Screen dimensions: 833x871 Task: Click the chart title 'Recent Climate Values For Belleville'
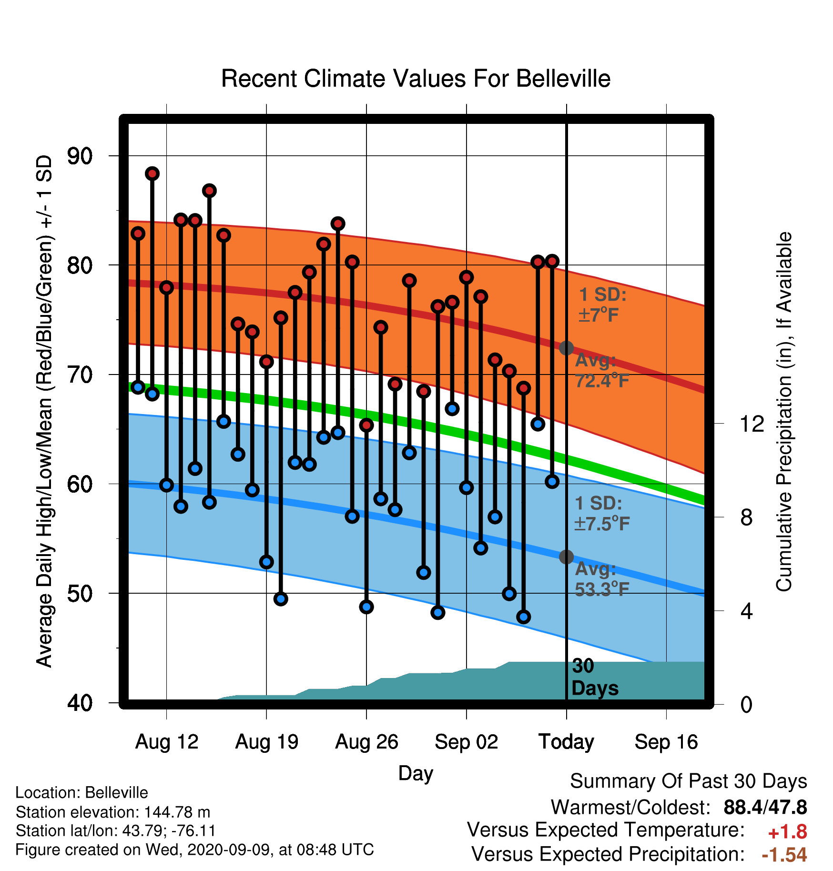[416, 79]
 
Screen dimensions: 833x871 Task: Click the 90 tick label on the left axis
[80, 156]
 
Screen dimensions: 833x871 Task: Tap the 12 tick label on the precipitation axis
[752, 424]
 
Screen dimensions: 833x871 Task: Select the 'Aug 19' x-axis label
[266, 742]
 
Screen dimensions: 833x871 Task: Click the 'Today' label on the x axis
[566, 742]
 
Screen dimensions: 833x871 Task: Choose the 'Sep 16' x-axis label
[666, 742]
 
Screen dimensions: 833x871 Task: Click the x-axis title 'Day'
[416, 773]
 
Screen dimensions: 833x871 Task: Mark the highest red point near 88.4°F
[152, 173]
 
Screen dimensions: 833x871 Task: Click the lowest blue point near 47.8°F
[523, 617]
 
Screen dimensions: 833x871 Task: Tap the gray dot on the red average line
[566, 348]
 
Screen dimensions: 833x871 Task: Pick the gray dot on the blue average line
[566, 557]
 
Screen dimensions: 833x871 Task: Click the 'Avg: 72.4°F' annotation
[602, 371]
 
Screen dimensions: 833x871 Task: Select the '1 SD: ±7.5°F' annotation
[602, 514]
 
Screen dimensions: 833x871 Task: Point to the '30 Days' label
[595, 677]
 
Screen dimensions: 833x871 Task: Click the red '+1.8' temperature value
[787, 832]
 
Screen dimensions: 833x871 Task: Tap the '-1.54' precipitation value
[784, 855]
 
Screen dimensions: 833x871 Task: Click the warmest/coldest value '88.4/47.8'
[765, 807]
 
